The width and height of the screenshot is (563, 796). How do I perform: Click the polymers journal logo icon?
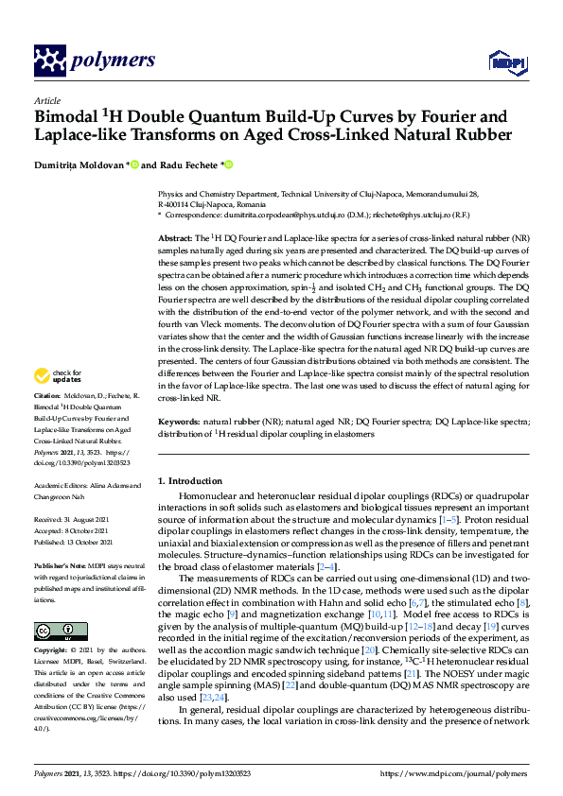(x=48, y=61)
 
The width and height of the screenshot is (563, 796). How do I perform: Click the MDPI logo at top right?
(x=506, y=62)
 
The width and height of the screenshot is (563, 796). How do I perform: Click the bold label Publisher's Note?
(x=61, y=565)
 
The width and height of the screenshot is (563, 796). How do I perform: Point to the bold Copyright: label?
(x=52, y=652)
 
